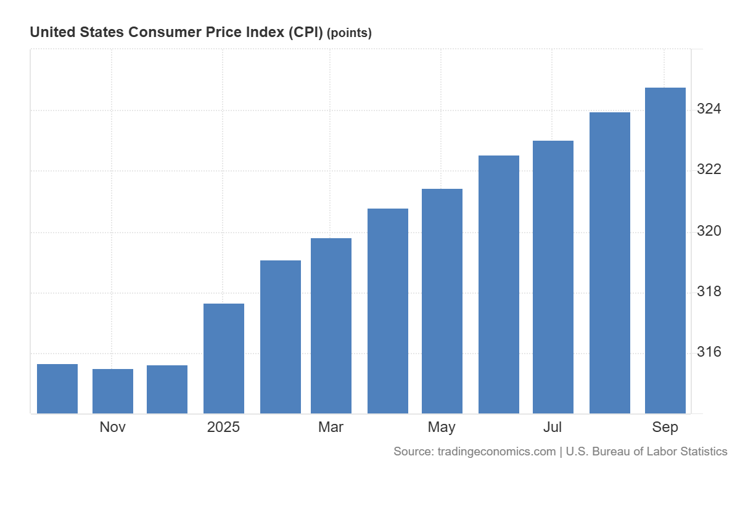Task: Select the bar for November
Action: tap(113, 391)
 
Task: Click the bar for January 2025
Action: tap(224, 358)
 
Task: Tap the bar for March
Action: tap(331, 325)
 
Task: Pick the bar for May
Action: tap(442, 301)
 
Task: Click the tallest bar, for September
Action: tap(665, 250)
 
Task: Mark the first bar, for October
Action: tap(57, 388)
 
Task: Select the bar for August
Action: tap(610, 262)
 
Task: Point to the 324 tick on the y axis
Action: tap(709, 109)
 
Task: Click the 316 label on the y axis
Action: tap(709, 352)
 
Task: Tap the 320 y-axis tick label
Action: tap(709, 231)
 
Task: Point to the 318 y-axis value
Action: tap(709, 292)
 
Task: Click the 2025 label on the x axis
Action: tap(223, 427)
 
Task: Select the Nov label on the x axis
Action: tap(113, 427)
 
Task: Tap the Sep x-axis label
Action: tap(665, 427)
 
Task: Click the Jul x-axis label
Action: tap(553, 427)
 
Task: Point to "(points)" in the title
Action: tap(349, 33)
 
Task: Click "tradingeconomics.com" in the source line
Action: tap(496, 452)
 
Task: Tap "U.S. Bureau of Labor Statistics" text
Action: tap(646, 452)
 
